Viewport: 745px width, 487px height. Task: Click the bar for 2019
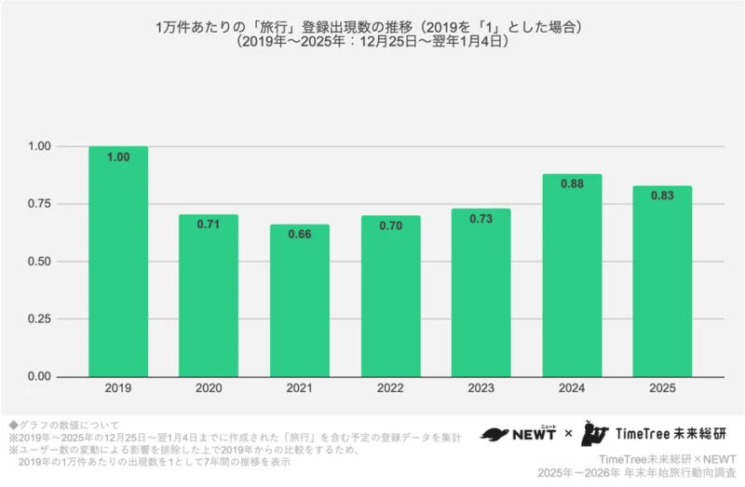pos(118,262)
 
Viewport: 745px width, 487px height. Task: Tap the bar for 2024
pos(572,276)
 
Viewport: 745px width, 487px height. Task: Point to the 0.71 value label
pos(209,224)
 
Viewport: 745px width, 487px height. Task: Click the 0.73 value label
pos(481,219)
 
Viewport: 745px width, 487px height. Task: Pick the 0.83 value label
pos(662,196)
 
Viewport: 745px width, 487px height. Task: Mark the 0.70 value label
pos(391,225)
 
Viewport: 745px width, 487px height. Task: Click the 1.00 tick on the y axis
pos(40,146)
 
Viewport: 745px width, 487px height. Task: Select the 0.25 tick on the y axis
pos(40,319)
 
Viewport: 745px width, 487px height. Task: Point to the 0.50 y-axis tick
pos(40,262)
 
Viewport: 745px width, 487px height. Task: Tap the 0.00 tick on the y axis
pos(40,377)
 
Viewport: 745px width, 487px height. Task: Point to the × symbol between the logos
pos(568,435)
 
